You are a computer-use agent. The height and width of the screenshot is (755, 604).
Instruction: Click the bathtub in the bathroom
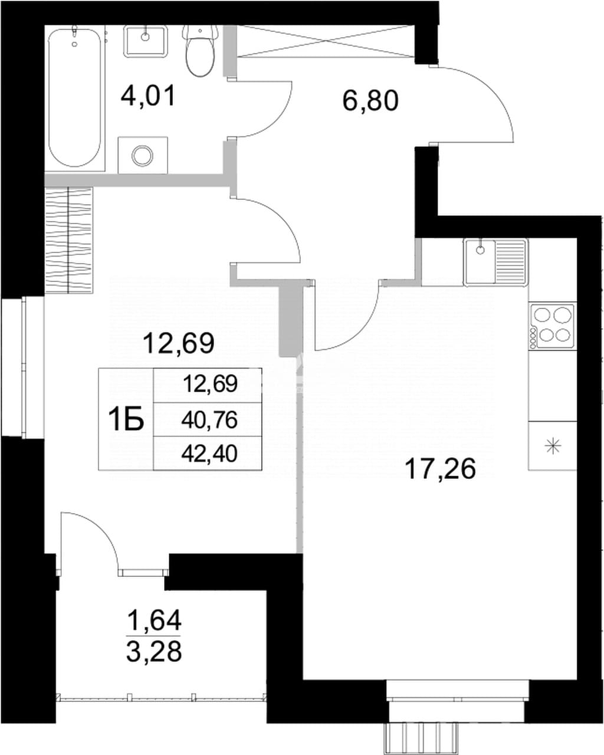(75, 99)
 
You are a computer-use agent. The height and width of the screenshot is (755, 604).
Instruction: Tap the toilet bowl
(200, 51)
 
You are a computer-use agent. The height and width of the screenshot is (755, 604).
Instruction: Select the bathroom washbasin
(145, 41)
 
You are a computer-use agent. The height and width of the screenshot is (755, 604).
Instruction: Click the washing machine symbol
(143, 155)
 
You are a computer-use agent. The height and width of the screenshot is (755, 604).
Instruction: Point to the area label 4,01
(147, 97)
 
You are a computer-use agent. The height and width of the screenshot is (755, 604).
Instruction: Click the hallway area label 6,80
(370, 101)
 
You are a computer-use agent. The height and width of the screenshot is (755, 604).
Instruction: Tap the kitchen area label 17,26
(440, 469)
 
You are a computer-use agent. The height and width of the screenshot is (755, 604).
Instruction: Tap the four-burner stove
(552, 326)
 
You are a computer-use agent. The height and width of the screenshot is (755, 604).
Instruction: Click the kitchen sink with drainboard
(495, 262)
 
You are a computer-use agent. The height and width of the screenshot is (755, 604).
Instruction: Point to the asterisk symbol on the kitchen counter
(553, 447)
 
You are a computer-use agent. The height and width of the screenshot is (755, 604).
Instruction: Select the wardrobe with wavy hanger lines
(69, 240)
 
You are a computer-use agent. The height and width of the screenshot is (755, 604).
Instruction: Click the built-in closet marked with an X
(326, 41)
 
